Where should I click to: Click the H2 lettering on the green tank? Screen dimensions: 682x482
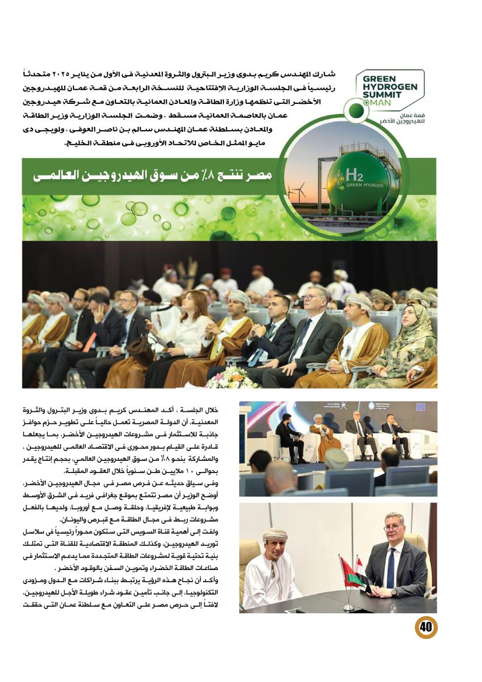[x=354, y=174]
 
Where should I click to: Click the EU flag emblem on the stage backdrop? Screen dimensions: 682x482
[x=420, y=407]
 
